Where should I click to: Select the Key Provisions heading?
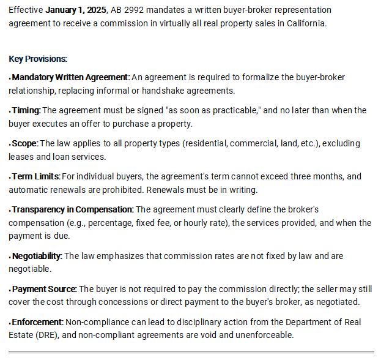click(x=38, y=59)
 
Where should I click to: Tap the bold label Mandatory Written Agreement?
click(x=70, y=77)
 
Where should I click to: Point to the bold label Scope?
click(x=25, y=143)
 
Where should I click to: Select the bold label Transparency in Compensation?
click(x=72, y=209)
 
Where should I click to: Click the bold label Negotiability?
click(x=37, y=256)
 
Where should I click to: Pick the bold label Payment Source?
click(x=44, y=289)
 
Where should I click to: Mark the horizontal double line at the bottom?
click(x=190, y=353)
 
